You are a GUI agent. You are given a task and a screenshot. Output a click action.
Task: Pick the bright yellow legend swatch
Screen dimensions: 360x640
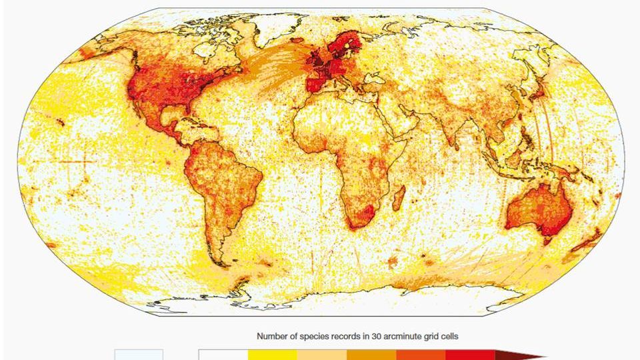pyautogui.click(x=272, y=355)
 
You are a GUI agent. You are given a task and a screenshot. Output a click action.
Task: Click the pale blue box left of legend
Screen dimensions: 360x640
pyautogui.click(x=139, y=355)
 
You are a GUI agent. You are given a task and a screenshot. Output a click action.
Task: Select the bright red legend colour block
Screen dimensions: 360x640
pyautogui.click(x=469, y=355)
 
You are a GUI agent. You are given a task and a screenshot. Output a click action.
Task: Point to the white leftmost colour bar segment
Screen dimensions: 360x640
pyautogui.click(x=223, y=355)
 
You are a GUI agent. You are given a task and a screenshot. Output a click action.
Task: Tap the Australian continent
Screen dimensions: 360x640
pyautogui.click(x=539, y=210)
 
